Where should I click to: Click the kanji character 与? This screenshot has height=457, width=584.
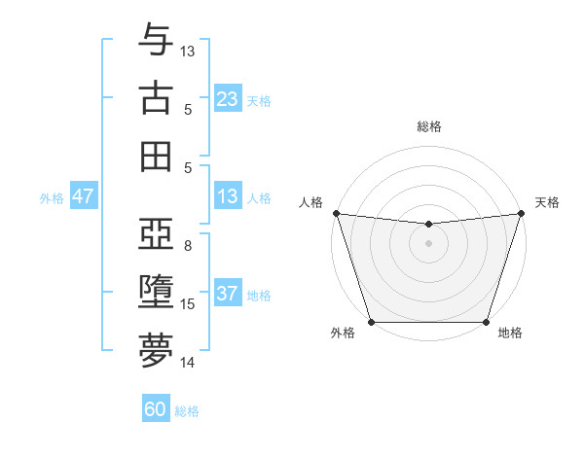click(156, 40)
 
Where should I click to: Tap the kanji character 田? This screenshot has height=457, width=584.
click(156, 156)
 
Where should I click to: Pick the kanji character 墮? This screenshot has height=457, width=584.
click(156, 293)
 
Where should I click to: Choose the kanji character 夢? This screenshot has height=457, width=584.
click(156, 351)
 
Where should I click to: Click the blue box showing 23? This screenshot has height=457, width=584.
click(228, 98)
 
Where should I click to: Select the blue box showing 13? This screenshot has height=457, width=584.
click(228, 197)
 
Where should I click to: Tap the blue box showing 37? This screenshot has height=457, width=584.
click(228, 294)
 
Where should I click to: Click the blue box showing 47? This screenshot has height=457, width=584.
click(84, 196)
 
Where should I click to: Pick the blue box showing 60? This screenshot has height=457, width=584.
click(156, 409)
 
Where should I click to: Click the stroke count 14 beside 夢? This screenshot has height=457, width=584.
click(188, 363)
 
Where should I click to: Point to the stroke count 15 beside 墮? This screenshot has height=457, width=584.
click(188, 304)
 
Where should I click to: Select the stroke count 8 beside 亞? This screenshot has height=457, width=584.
click(187, 246)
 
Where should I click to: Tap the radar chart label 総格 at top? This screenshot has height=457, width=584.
click(429, 126)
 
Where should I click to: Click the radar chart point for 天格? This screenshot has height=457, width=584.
click(521, 213)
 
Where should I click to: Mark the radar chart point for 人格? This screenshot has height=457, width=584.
click(336, 213)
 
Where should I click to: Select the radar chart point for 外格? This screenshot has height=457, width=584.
click(371, 322)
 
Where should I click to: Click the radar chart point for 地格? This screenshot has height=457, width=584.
click(486, 322)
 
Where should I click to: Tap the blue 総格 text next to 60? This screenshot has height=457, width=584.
click(187, 411)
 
